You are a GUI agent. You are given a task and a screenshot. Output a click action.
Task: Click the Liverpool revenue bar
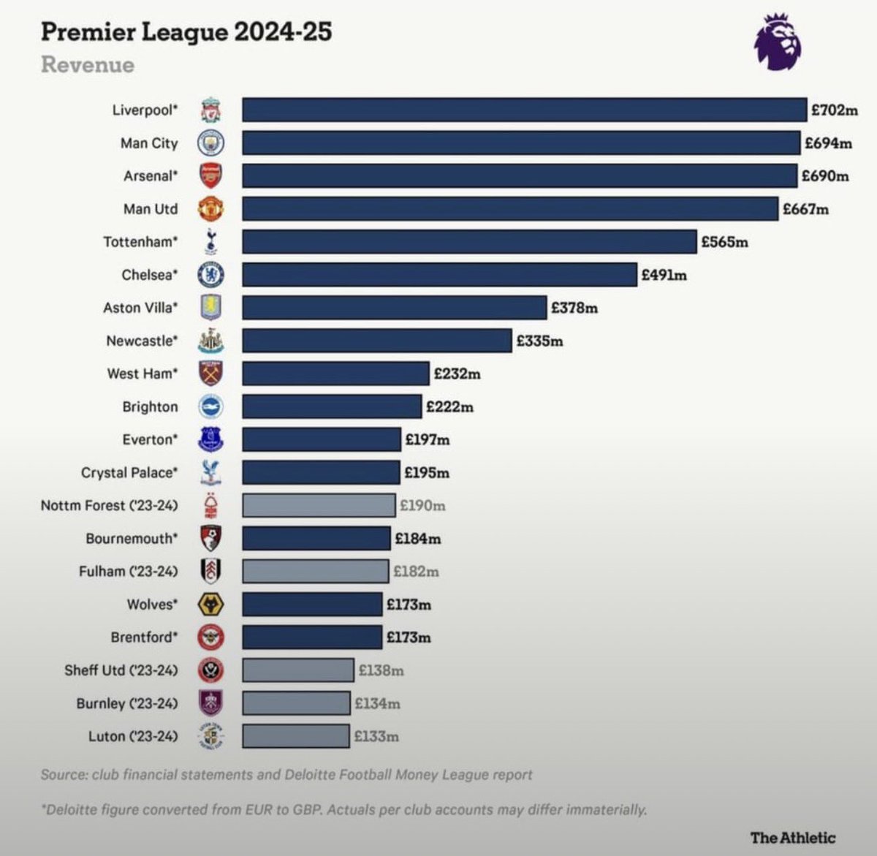point(524,110)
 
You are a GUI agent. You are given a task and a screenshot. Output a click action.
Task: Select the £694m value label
point(828,143)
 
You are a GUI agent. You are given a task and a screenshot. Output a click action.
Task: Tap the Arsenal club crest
point(210,176)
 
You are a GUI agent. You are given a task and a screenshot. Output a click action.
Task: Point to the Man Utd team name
point(150,209)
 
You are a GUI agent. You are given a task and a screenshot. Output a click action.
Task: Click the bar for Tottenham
point(469,242)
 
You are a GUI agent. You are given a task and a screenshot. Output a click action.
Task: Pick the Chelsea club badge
point(210,275)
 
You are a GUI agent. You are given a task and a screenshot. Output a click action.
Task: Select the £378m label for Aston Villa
point(574,308)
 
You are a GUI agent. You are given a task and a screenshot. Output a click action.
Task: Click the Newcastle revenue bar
point(376,341)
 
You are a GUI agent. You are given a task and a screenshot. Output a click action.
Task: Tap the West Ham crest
point(210,374)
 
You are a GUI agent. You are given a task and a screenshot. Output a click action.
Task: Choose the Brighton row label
point(150,407)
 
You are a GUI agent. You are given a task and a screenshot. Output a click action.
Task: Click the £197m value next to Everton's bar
point(428,440)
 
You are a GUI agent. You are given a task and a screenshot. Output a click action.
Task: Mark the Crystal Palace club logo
point(210,473)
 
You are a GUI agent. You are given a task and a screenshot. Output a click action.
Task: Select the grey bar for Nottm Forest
point(319,506)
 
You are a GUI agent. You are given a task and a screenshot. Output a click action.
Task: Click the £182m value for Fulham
point(416,572)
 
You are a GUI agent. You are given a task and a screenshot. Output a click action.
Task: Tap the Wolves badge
point(210,605)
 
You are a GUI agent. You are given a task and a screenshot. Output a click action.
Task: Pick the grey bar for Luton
point(296,736)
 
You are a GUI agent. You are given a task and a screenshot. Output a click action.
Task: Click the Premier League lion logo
point(777,42)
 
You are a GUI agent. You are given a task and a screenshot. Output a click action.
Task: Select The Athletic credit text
point(792,838)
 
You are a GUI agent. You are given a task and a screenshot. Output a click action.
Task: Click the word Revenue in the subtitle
point(88,64)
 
